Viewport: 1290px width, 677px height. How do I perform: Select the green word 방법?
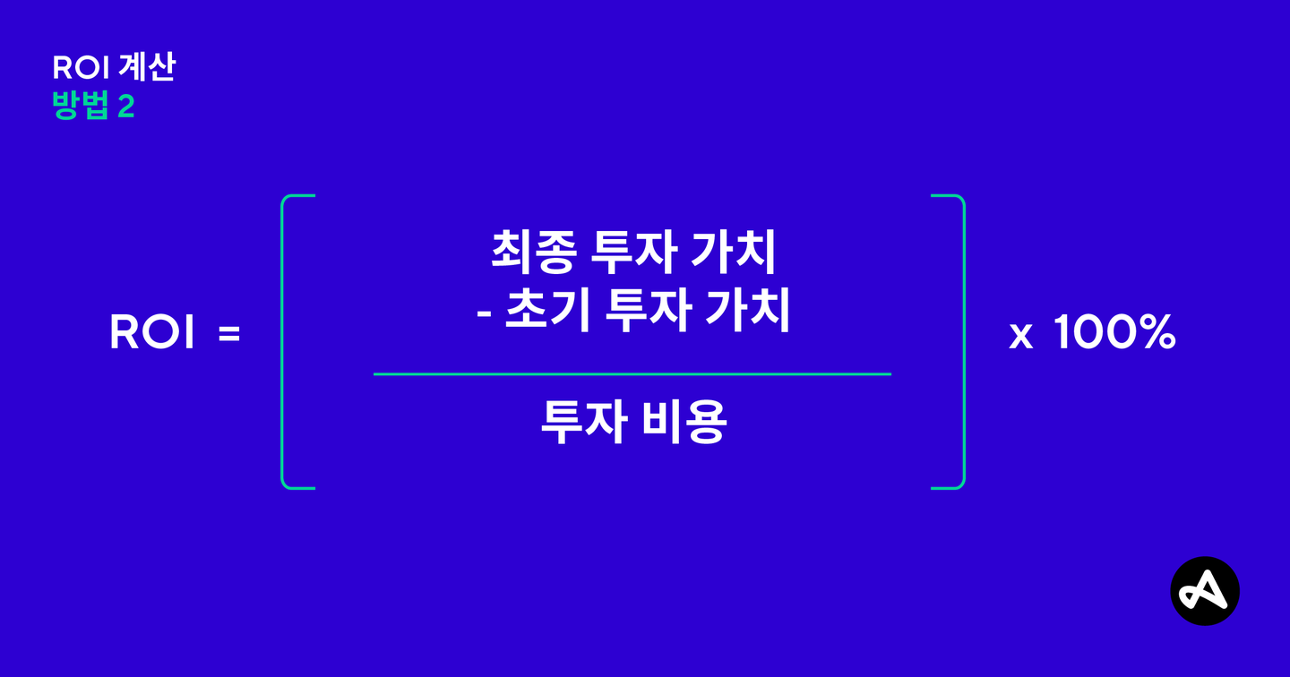[80, 107]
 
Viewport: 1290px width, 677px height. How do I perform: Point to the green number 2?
[125, 107]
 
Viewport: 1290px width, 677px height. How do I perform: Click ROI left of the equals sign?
[151, 334]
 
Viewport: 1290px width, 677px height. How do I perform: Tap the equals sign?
[229, 335]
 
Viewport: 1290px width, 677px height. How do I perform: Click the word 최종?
[531, 253]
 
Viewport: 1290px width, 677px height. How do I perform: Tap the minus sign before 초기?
[484, 315]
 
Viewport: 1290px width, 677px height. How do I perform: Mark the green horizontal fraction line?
[632, 373]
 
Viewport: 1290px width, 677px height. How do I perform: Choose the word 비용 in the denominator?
[684, 423]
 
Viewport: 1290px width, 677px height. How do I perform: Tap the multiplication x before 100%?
[1020, 337]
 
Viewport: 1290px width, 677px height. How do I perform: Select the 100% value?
[1114, 334]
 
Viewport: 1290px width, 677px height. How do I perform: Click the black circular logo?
[1205, 590]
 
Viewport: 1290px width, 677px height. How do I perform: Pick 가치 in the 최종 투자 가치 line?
[734, 253]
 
